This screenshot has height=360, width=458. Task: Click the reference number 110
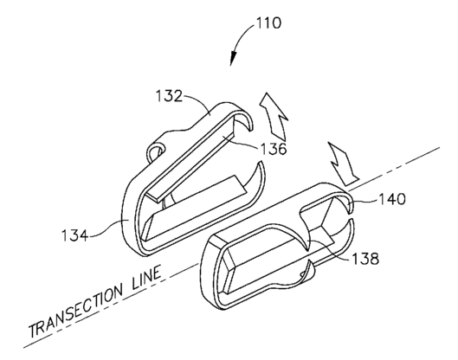pyautogui.click(x=269, y=22)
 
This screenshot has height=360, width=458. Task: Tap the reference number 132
pyautogui.click(x=169, y=96)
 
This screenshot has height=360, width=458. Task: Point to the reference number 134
pyautogui.click(x=75, y=235)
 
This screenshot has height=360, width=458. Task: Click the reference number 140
pyautogui.click(x=392, y=199)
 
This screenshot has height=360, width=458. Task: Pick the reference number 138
pyautogui.click(x=365, y=259)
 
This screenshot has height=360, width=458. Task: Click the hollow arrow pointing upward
pyautogui.click(x=273, y=116)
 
